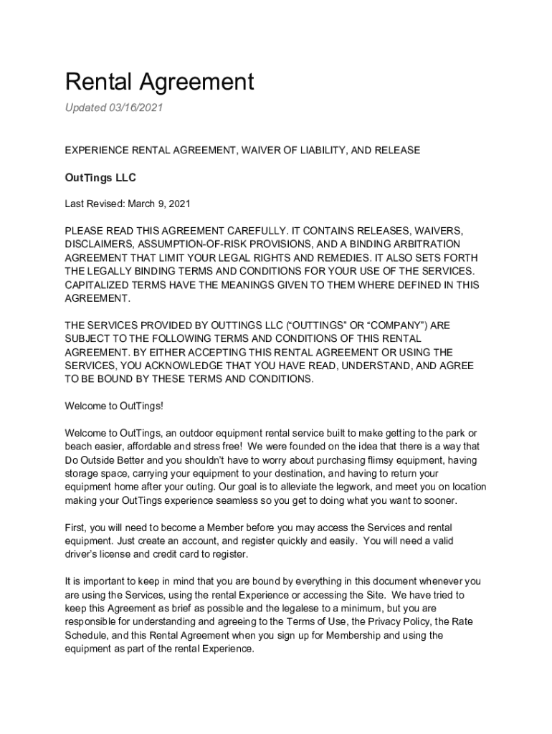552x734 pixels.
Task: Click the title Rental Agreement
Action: click(x=159, y=82)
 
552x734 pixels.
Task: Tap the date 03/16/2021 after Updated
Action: click(x=137, y=108)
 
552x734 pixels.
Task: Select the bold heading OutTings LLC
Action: click(x=100, y=177)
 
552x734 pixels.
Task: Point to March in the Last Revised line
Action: click(x=143, y=204)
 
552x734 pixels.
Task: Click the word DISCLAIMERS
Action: click(x=97, y=244)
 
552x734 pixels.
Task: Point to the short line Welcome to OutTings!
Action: click(x=114, y=406)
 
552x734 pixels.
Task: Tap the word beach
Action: click(x=79, y=447)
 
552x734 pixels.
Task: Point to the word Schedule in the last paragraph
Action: click(x=87, y=636)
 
